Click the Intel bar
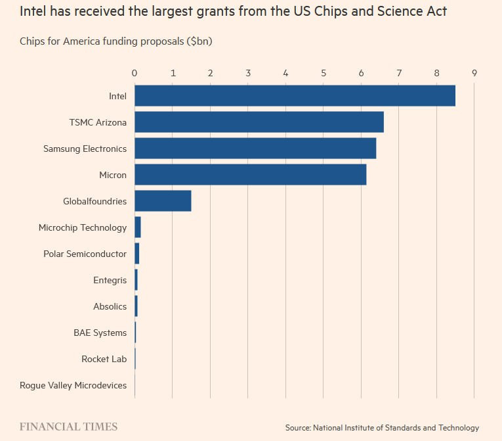[x=295, y=96]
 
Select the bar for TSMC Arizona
[x=259, y=122]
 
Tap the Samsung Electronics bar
[x=255, y=149]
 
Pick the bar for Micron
[x=250, y=175]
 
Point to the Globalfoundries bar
[x=163, y=201]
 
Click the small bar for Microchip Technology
[x=138, y=227]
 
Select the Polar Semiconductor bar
[x=137, y=254]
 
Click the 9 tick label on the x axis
[x=474, y=72]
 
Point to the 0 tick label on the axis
[x=135, y=72]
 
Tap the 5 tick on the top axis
[x=324, y=72]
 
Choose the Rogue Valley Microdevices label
[x=73, y=385]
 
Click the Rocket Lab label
[x=104, y=359]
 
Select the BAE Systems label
[x=100, y=333]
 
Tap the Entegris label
[x=110, y=280]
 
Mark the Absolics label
[x=110, y=306]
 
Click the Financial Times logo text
[x=68, y=427]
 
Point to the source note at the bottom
[x=382, y=428]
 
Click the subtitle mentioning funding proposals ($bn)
[x=116, y=41]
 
